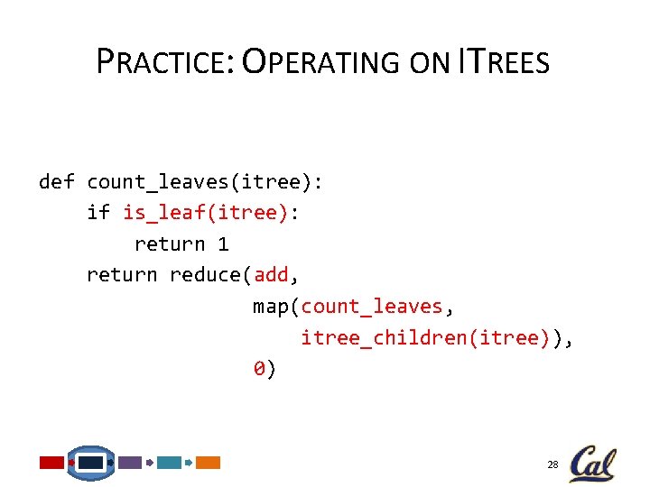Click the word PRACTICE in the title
[x=163, y=61]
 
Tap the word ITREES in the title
[x=503, y=61]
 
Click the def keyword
[x=56, y=182]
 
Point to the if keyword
[x=98, y=213]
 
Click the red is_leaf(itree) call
[x=205, y=213]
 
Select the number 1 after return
[x=223, y=243]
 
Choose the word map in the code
[x=270, y=307]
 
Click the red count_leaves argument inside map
[x=371, y=307]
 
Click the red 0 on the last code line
[x=258, y=368]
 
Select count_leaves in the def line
[x=158, y=182]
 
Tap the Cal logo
[x=592, y=463]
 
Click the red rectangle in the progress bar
[x=52, y=463]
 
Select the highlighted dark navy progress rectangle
[x=91, y=463]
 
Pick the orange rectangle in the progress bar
[x=209, y=463]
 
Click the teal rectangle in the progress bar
[x=169, y=463]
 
